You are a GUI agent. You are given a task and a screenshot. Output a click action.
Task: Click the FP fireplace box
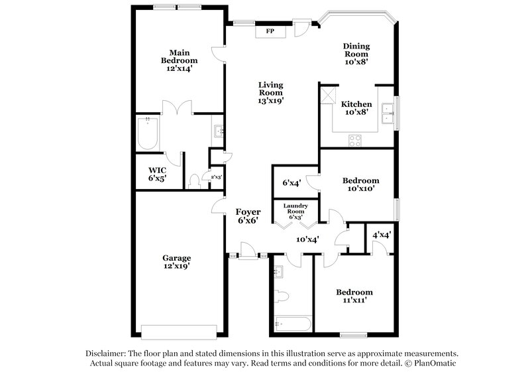[270, 31]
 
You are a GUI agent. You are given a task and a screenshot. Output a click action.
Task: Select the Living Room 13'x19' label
[270, 93]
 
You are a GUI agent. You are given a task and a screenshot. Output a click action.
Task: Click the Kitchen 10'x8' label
[356, 108]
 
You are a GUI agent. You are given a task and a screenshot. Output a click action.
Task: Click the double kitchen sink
[388, 111]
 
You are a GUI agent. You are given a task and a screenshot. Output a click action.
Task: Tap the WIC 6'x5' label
[157, 174]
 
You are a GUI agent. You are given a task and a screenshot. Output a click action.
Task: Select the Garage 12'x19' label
[177, 262]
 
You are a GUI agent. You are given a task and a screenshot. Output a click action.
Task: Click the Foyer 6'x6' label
[248, 216]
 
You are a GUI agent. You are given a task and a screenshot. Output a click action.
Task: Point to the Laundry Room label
[295, 210]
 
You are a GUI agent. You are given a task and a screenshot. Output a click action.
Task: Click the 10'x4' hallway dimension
[307, 239]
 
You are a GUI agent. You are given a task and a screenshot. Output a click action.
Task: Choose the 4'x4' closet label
[381, 235]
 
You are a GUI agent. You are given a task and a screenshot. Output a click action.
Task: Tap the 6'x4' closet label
[291, 182]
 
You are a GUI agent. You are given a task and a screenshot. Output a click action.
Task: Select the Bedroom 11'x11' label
[354, 296]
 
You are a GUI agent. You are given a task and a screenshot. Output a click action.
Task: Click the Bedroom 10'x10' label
[360, 184]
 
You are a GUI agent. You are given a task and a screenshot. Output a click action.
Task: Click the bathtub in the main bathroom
[147, 135]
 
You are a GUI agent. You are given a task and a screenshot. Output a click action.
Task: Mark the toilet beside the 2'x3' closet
[195, 180]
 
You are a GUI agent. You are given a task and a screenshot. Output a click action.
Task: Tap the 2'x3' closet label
[215, 177]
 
